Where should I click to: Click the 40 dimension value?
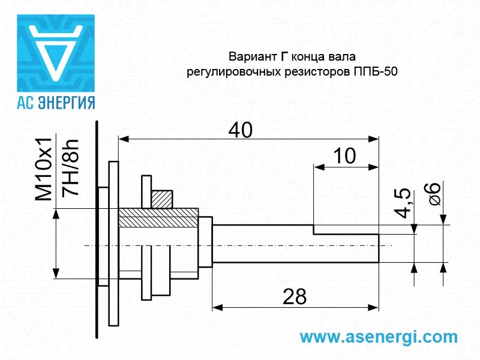(x=240, y=130)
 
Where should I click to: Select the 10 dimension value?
(x=344, y=156)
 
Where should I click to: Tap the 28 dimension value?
(x=294, y=296)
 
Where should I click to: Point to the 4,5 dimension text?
(x=403, y=203)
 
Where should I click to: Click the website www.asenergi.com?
(x=378, y=337)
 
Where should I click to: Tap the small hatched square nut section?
(x=162, y=199)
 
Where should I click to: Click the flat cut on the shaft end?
(x=345, y=230)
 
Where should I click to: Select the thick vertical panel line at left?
(x=96, y=228)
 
